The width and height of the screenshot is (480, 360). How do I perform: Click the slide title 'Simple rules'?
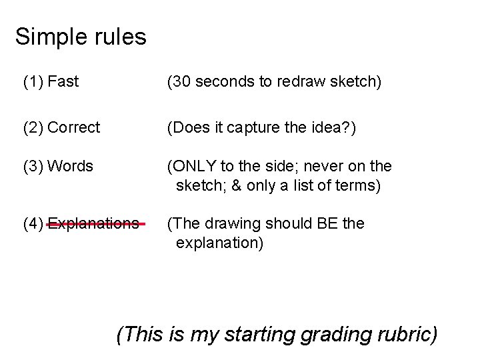point(81,37)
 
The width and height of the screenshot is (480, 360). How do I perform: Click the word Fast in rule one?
point(63,83)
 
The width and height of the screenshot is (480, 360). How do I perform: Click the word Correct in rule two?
point(74,127)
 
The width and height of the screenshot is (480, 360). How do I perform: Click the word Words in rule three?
point(70,165)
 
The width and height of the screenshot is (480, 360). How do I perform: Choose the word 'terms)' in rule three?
point(359,185)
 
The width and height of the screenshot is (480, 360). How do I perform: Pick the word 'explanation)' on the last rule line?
point(220,243)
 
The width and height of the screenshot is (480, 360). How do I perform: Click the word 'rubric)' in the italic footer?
point(405,333)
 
